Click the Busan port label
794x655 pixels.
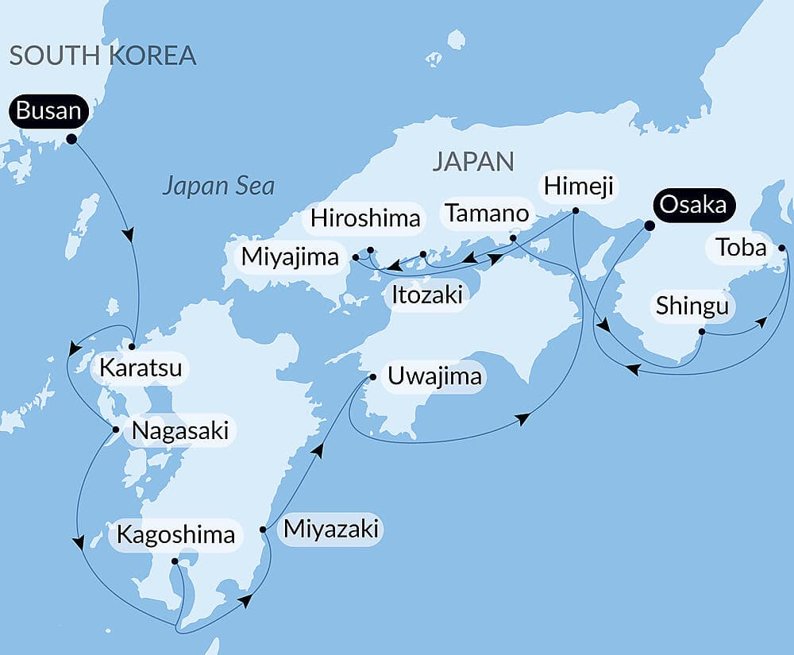click(x=48, y=111)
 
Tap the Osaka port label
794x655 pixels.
click(x=693, y=205)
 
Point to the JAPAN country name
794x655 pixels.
click(x=473, y=162)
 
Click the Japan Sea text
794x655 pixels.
click(x=218, y=187)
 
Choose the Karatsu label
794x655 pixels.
click(x=141, y=368)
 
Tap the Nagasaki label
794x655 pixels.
click(x=181, y=431)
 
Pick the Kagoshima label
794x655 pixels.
click(x=175, y=534)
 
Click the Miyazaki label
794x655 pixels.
click(x=332, y=528)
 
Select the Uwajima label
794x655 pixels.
click(x=435, y=376)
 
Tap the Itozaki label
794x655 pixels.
click(x=426, y=295)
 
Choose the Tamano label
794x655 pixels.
click(x=487, y=213)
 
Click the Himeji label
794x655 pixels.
click(x=578, y=187)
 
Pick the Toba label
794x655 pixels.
click(x=741, y=249)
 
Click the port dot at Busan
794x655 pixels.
click(x=71, y=139)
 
